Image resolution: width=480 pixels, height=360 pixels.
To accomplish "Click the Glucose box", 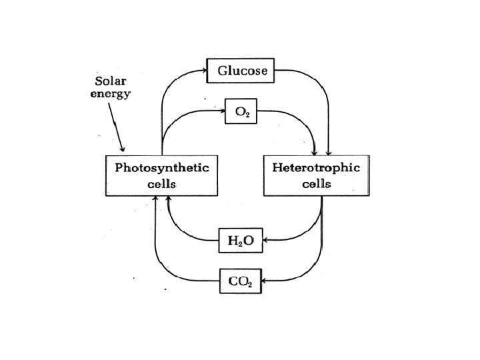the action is pos(241,71).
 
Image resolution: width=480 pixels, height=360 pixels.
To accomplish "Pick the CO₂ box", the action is pos(240,281).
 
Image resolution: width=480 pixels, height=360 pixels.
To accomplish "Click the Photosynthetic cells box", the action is pos(161,175).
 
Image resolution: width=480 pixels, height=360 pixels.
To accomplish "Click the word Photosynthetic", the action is pos(161,167).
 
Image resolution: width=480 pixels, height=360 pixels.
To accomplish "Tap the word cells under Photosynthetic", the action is pos(161,183).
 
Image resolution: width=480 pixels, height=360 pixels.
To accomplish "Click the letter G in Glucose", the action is pos(219,71).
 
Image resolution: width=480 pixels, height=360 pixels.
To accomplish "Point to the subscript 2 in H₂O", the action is pos(238,243).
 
